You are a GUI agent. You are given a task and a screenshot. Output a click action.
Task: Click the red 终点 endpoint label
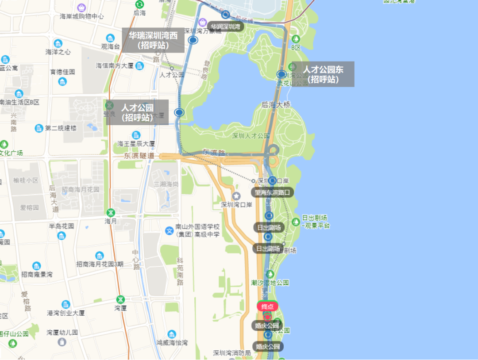click(x=267, y=306)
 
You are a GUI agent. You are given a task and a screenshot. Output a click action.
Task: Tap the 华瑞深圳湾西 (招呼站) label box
click(x=153, y=40)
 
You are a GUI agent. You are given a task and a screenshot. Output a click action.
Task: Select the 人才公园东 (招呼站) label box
click(x=323, y=74)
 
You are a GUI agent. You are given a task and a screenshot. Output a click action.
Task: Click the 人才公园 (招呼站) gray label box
click(x=137, y=112)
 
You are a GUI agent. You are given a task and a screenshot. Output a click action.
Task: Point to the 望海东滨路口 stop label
click(x=273, y=193)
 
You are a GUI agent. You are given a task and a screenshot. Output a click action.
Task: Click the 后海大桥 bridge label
click(x=276, y=105)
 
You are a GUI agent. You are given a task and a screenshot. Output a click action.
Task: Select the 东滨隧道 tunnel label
click(x=139, y=156)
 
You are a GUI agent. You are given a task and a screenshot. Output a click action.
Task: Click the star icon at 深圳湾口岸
click(x=236, y=196)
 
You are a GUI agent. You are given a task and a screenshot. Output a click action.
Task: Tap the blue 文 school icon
click(x=169, y=230)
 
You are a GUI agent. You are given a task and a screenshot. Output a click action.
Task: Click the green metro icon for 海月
click(x=110, y=212)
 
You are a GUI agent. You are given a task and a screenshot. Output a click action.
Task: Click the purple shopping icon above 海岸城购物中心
click(x=81, y=8)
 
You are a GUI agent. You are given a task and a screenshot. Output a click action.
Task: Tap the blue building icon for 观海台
click(x=110, y=38)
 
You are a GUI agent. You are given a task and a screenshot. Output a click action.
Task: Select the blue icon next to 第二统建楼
click(x=39, y=128)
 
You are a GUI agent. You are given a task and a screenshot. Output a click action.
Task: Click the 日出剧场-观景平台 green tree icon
click(x=296, y=221)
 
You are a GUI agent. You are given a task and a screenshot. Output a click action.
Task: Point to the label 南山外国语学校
click(x=197, y=227)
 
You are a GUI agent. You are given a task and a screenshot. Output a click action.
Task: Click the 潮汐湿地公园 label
click(x=270, y=282)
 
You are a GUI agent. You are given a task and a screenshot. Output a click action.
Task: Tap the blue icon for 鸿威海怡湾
click(x=172, y=334)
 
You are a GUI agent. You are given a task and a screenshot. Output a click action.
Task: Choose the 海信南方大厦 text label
click(x=115, y=66)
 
